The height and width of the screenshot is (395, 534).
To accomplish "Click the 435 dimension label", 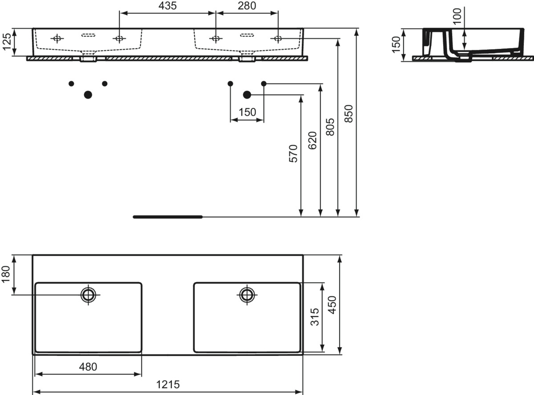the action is [x=168, y=6].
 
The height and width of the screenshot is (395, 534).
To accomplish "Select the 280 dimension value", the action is [x=247, y=6].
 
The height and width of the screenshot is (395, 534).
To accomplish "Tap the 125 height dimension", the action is [x=7, y=42].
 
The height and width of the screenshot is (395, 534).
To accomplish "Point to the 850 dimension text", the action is [x=348, y=113].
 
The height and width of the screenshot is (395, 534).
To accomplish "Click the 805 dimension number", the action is [x=330, y=127].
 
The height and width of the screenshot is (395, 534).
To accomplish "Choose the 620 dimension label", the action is [x=312, y=140].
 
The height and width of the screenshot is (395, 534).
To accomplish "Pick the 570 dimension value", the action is [x=293, y=154].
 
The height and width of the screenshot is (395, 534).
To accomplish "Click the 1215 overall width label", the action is [x=168, y=384].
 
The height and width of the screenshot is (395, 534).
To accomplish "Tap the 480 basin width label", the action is [x=88, y=367].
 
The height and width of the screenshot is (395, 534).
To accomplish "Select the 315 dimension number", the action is [x=315, y=317].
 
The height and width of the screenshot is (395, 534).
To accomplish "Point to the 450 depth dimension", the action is [x=332, y=305].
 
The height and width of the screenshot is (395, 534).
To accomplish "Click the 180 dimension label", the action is [x=6, y=274].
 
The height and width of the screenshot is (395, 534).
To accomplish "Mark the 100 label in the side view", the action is [x=457, y=16].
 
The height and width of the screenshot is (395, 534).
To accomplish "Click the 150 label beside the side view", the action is [x=396, y=44].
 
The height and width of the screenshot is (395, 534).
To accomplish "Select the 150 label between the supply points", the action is [x=247, y=112].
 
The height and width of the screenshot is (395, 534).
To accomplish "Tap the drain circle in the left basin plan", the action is [x=88, y=295].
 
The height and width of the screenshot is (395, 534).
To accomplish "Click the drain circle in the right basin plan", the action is [x=247, y=295].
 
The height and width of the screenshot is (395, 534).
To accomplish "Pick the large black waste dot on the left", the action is [x=88, y=95].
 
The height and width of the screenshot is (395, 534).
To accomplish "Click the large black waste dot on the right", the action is [x=247, y=95].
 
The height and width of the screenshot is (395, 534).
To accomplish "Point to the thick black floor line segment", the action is [x=168, y=217].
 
